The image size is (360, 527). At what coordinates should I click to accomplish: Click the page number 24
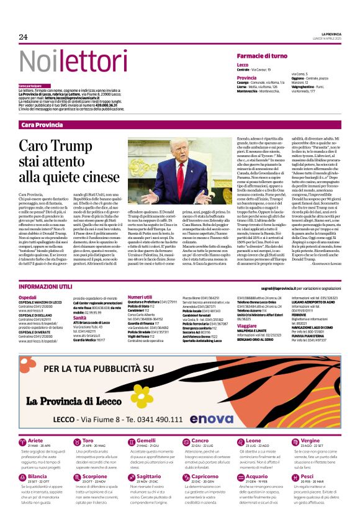click(x=24, y=37)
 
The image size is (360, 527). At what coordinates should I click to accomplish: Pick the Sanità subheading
click(x=79, y=317)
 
